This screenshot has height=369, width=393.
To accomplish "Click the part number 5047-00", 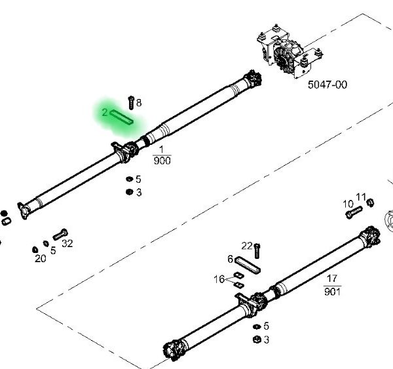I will point(328,84).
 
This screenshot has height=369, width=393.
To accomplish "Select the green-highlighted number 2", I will point(105,113).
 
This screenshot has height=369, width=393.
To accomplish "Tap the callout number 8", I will point(139,102).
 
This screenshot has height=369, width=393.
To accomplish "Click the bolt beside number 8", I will point(130,102).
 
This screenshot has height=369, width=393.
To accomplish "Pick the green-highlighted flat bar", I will point(122,117).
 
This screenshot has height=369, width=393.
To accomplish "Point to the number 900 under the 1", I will point(161,160).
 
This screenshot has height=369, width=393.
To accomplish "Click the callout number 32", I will point(67,243).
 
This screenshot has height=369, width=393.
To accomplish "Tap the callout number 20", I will point(40,258).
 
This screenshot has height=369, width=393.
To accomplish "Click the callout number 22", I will point(246,245).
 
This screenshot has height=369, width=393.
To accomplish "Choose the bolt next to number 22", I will point(257,249).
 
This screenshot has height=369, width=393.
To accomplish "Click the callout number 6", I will point(231,259).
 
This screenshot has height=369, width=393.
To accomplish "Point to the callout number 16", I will point(219,279).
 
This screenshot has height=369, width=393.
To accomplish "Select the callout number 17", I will point(332,279).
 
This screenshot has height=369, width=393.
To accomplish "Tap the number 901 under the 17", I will point(332,291).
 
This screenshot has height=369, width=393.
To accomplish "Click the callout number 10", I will point(348,204).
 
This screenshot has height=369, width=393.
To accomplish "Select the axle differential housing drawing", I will point(286,52).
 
